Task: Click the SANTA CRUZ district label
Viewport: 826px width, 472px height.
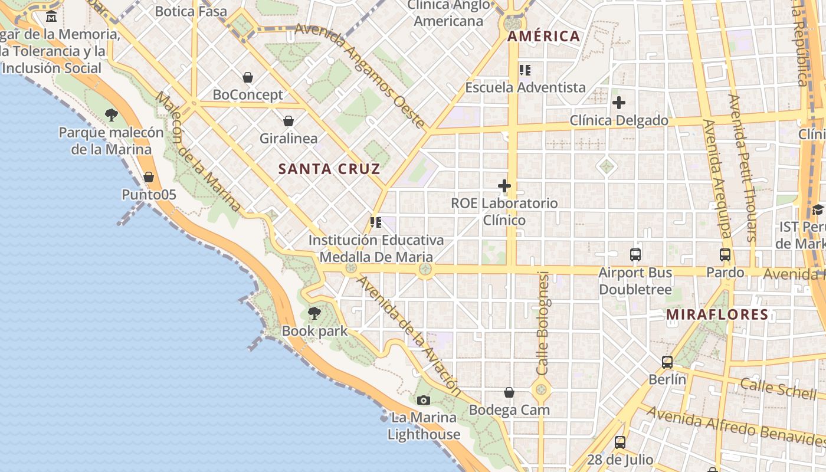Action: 329,169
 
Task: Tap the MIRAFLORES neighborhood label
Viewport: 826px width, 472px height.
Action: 717,315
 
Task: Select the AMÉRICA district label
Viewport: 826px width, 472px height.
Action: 543,37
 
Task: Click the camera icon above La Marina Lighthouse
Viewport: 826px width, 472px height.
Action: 423,401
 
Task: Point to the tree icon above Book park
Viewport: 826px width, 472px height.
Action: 314,313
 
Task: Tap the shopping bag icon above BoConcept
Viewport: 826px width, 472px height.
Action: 248,77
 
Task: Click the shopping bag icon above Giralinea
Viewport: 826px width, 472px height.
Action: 289,122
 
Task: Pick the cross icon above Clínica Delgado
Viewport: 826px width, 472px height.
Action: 618,103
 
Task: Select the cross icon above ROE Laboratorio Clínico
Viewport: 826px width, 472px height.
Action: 504,186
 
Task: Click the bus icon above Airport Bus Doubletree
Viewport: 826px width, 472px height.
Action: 635,255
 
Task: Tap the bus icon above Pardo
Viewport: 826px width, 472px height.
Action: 725,255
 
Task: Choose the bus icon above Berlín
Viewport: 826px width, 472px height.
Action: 667,362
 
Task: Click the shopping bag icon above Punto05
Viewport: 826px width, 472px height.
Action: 149,177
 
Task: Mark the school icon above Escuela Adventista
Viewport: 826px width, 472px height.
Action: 525,70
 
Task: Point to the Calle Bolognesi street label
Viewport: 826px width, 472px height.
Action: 543,323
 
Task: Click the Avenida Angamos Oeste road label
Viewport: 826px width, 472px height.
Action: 360,76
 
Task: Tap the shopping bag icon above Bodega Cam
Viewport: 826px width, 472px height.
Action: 509,392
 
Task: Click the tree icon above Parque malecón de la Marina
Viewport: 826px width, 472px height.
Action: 111,115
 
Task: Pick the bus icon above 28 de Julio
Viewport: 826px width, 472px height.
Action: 619,442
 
